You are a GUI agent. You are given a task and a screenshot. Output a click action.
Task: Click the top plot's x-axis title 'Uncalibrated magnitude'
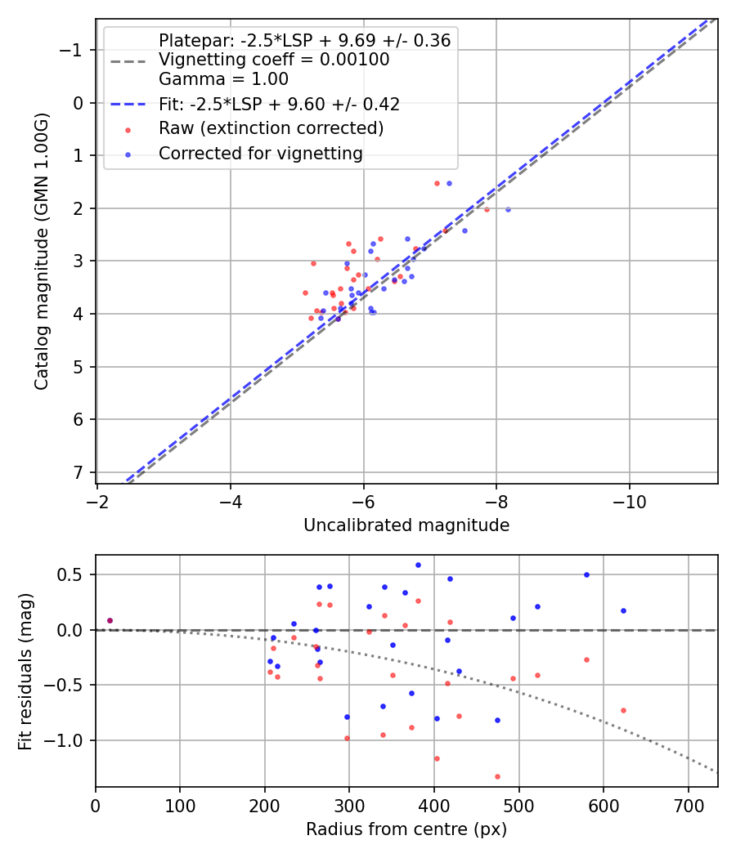pos(406,525)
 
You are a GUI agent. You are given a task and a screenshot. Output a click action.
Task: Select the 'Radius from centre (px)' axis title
pos(406,829)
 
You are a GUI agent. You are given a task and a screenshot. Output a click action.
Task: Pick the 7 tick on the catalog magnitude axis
pos(79,472)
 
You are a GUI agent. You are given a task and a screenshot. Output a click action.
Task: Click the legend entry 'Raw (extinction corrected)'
pos(271,128)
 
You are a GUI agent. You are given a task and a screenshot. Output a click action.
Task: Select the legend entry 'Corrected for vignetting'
pos(260,153)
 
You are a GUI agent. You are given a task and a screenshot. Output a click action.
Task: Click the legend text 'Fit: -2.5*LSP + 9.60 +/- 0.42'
pos(279,104)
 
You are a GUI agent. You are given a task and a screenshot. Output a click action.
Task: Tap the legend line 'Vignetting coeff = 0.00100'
pos(274,60)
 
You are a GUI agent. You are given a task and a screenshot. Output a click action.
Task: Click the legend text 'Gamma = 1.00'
pos(223,79)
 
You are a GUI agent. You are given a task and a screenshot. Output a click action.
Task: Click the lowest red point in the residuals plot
pos(497,776)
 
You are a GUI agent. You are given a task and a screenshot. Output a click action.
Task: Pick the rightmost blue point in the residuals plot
pos(623,610)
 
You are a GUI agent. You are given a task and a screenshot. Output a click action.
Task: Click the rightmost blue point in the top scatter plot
pos(508,209)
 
